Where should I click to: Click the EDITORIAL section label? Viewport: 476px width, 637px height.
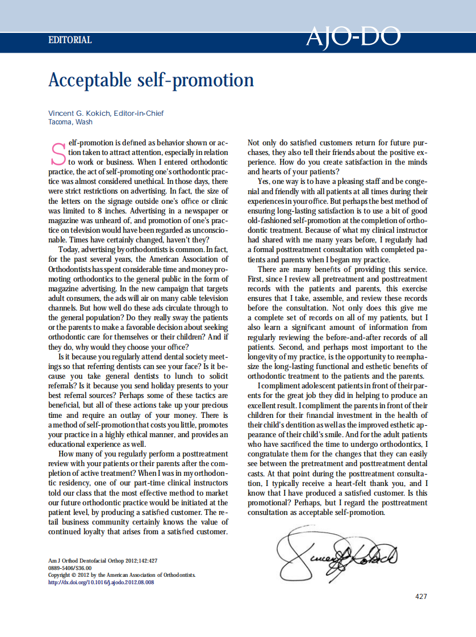(70, 40)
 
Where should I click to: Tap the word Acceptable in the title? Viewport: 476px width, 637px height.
(90, 80)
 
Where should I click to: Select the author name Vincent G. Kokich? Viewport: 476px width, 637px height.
(80, 113)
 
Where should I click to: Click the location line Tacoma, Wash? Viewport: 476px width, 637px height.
(70, 122)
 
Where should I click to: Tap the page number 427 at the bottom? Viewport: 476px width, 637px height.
(421, 596)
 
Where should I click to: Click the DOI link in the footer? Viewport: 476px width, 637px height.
(101, 582)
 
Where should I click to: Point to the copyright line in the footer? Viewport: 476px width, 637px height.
(122, 575)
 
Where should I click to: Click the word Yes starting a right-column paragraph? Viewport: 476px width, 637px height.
(264, 182)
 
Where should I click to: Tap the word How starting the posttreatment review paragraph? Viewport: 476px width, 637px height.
(66, 454)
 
